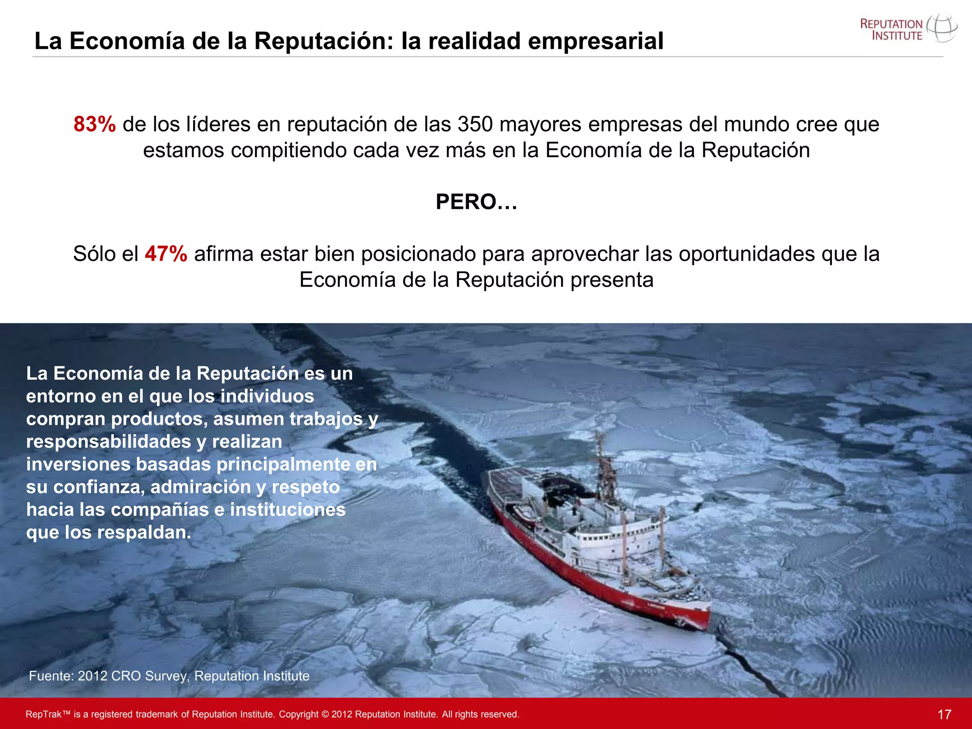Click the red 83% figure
pos(94,125)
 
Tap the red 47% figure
pos(166,254)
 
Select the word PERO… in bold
pos(476,202)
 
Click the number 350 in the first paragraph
pos(475,125)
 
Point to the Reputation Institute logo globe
pos(942,28)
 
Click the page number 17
pos(944,714)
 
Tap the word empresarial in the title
pos(596,41)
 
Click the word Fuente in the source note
pos(51,676)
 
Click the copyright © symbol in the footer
pos(325,714)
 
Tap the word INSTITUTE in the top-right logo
pos(897,36)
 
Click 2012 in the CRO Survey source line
pos(93,676)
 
